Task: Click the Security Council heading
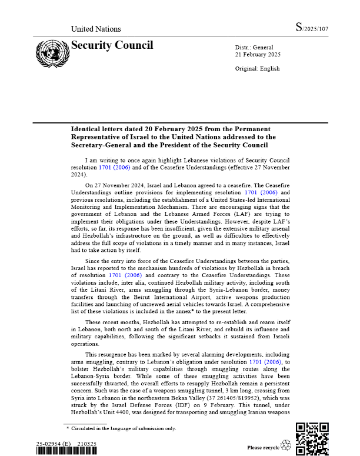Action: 112,45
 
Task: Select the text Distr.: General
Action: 249,46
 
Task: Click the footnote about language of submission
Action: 123,428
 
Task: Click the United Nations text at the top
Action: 96,29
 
